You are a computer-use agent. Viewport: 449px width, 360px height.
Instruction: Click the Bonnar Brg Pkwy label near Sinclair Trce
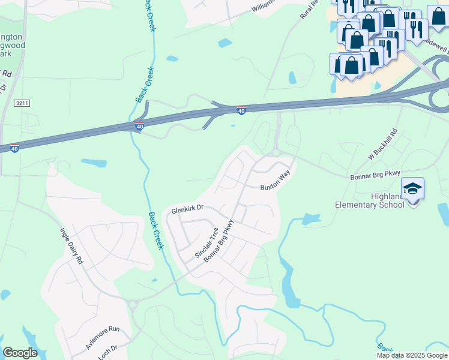218,242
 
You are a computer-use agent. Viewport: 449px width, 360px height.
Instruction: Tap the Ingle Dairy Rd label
71,245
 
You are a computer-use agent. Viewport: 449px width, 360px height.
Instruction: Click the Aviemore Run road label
103,337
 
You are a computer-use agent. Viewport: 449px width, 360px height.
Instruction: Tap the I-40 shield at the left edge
14,148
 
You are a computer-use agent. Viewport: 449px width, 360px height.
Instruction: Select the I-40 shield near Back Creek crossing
139,126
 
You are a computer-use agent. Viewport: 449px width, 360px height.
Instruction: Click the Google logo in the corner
20,353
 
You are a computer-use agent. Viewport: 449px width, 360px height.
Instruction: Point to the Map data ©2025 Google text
412,355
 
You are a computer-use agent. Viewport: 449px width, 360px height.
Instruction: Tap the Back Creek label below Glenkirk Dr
155,231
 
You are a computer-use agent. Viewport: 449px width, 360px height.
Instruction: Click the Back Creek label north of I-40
142,85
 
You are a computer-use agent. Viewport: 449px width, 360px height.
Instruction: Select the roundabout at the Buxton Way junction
276,153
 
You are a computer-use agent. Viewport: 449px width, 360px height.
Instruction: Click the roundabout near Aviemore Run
133,305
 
